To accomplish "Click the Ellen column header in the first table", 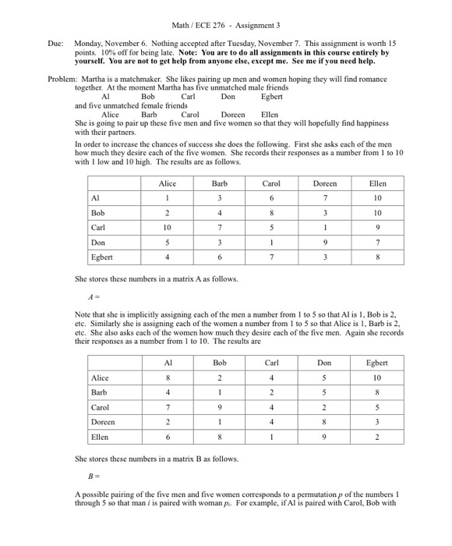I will coord(377,183).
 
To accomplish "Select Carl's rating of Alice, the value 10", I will coord(168,228).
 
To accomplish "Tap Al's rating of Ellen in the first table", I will coord(377,198).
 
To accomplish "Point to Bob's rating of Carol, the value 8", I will coord(271,213).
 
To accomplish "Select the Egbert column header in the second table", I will coord(377,363).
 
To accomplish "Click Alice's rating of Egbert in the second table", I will coord(377,378).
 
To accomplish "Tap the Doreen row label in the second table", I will coord(104,422).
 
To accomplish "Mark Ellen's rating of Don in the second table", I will coord(324,437).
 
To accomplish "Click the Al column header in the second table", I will coord(168,363).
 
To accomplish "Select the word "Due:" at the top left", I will coord(54,45).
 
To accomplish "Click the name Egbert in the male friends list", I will coord(272,97).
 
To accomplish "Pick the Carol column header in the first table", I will coord(271,183).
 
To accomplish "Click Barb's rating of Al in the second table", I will coord(168,392).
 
